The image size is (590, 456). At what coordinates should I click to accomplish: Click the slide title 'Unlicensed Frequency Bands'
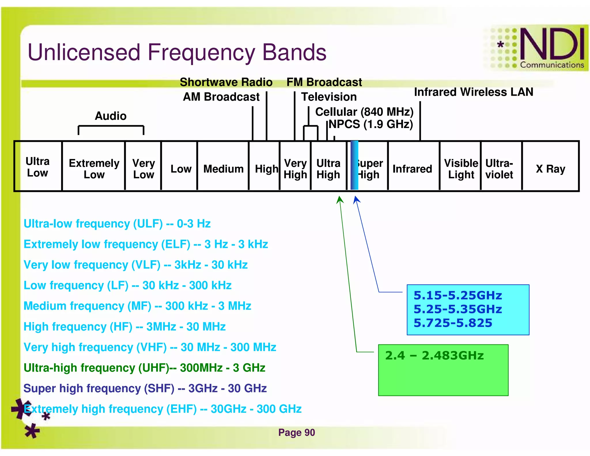(177, 52)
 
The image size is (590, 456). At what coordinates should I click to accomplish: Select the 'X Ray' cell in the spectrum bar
(550, 169)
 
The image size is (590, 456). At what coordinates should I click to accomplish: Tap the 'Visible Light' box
(461, 169)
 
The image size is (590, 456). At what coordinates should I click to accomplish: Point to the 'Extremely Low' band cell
(94, 169)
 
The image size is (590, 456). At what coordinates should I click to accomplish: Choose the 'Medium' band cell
(223, 169)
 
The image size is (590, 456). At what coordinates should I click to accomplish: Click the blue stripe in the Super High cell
(354, 165)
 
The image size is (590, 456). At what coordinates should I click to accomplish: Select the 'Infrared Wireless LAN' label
(473, 92)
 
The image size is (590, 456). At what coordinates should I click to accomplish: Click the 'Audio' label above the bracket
(111, 116)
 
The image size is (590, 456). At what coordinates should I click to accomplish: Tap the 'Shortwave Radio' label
(226, 82)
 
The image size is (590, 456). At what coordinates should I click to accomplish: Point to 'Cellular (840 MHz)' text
(364, 112)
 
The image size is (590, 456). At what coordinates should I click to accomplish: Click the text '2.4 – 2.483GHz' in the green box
(434, 355)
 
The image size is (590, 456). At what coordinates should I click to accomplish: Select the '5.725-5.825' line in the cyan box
(453, 323)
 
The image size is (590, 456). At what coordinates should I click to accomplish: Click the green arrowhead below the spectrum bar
(340, 199)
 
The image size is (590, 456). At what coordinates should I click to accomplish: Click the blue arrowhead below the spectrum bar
(357, 199)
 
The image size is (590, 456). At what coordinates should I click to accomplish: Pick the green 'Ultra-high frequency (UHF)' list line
(144, 368)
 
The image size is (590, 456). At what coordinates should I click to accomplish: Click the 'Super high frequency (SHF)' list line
(145, 388)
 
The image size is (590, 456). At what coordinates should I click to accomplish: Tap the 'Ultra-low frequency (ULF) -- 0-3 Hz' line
(117, 224)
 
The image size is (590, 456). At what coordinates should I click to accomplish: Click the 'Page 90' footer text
(296, 432)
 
